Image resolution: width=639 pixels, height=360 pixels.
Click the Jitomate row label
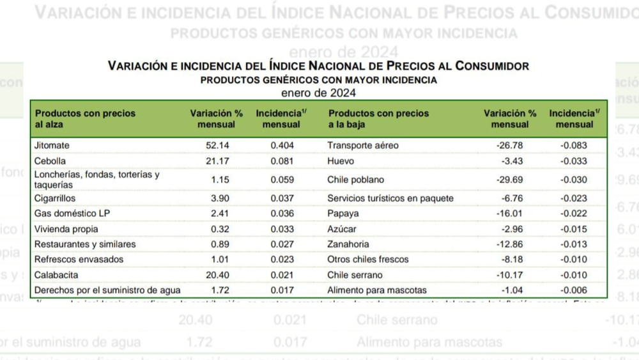tap(52, 146)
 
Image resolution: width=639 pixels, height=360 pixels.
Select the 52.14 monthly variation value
tap(217, 146)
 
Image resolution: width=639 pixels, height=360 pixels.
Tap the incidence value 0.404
tap(282, 146)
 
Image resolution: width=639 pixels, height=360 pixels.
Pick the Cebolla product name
tap(50, 161)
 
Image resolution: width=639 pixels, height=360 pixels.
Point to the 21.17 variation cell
tap(217, 161)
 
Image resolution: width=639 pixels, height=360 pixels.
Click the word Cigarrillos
tap(55, 198)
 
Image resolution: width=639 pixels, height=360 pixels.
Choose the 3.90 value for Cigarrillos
tap(219, 198)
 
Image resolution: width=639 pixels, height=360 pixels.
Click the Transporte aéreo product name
tap(362, 146)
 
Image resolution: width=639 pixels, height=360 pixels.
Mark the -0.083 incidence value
tap(574, 146)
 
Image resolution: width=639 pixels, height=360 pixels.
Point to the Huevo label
tap(341, 161)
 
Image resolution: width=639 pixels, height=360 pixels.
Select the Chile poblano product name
tap(355, 180)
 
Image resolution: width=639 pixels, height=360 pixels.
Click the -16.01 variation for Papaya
tap(510, 214)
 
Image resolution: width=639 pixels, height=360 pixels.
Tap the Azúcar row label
tap(342, 229)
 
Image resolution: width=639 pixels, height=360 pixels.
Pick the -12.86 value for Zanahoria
tap(510, 244)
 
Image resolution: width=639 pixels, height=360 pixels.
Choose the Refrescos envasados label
tap(79, 260)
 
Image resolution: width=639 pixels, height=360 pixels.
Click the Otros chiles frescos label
tap(367, 260)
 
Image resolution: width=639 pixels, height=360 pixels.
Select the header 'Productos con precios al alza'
tap(85, 119)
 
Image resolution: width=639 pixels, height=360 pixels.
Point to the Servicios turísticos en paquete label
tap(390, 198)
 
